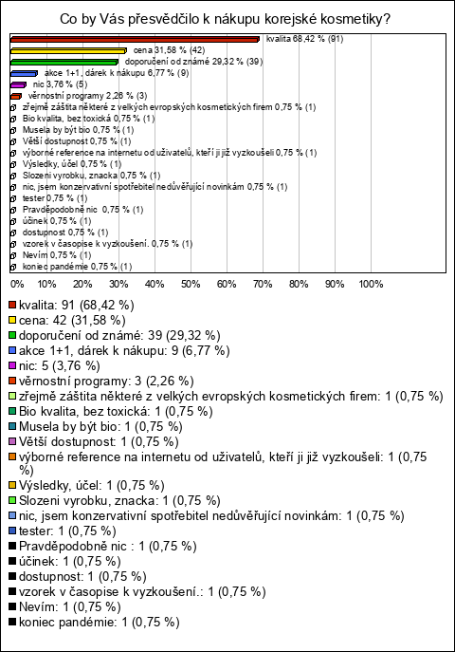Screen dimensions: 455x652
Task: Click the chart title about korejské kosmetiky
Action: pyautogui.click(x=225, y=19)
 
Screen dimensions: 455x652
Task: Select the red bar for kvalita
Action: pyautogui.click(x=135, y=40)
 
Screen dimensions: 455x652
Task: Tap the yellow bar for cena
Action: pyautogui.click(x=68, y=50)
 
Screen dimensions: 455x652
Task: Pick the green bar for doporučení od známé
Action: pyautogui.click(x=64, y=63)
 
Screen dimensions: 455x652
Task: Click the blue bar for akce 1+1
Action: pyautogui.click(x=24, y=74)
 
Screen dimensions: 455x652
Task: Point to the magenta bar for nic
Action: pyautogui.click(x=18, y=84)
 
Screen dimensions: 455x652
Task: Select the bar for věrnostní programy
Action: pyautogui.click(x=16, y=97)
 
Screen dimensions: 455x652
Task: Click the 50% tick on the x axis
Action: pyautogui.click(x=191, y=285)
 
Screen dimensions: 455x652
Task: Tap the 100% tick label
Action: pyautogui.click(x=371, y=285)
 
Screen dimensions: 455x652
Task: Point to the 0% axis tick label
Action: pyautogui.click(x=17, y=285)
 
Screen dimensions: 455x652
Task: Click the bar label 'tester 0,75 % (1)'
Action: pyautogui.click(x=55, y=198)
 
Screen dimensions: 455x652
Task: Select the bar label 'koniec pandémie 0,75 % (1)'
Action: pyautogui.click(x=77, y=267)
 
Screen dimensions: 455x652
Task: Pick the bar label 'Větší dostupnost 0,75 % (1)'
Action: pyautogui.click(x=77, y=141)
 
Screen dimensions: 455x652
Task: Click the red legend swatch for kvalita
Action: pyautogui.click(x=12, y=306)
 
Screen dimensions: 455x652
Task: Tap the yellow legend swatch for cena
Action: pyautogui.click(x=12, y=321)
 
